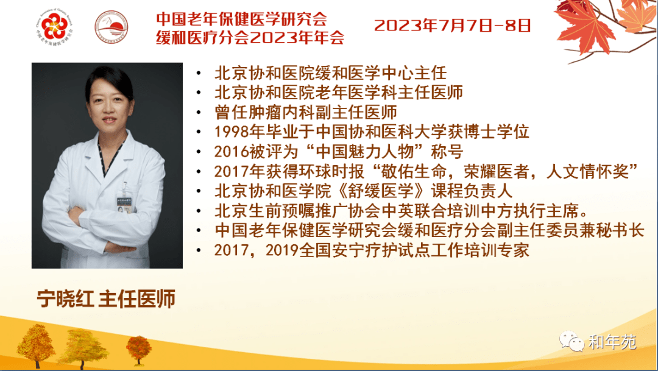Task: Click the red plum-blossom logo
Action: click(55, 26)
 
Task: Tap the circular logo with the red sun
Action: click(111, 27)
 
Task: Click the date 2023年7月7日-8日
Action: click(452, 26)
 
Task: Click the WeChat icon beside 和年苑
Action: click(571, 341)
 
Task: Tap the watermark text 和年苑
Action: click(612, 342)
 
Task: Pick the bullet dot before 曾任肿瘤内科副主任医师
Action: click(199, 113)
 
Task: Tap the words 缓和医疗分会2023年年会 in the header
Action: click(250, 38)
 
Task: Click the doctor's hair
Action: click(109, 80)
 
